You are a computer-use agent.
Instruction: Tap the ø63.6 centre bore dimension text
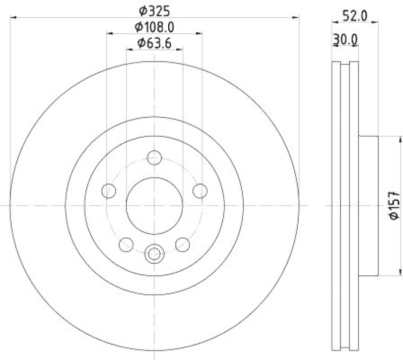155,43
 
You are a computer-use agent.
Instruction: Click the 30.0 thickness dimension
346,39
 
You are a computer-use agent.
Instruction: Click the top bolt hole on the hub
154,158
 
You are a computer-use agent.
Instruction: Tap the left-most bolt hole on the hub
108,191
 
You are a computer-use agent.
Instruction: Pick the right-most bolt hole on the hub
200,191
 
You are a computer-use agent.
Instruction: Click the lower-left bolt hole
126,245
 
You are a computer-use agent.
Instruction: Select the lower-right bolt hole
182,245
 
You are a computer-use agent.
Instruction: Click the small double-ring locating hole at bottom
154,253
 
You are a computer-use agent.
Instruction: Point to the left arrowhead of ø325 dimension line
13,17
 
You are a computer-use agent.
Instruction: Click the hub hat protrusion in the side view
368,206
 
